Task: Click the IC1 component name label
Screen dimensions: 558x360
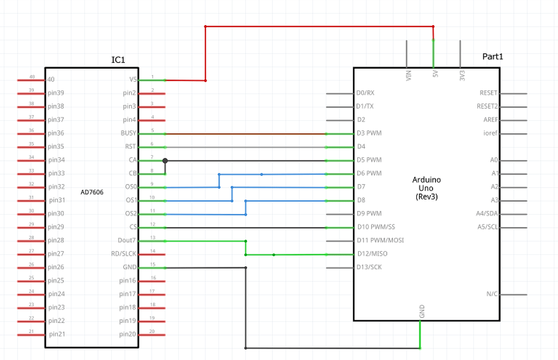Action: [118, 59]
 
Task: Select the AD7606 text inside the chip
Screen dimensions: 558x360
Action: [92, 192]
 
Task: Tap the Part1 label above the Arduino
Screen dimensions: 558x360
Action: [493, 56]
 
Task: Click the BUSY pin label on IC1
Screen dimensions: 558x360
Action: [129, 133]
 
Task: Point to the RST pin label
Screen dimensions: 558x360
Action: [131, 146]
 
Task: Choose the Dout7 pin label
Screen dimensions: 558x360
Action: [126, 240]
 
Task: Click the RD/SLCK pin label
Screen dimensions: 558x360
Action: [124, 254]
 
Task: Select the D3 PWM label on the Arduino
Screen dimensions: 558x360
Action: [369, 133]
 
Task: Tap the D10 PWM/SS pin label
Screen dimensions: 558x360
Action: [376, 227]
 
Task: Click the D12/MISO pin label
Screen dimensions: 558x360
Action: [372, 254]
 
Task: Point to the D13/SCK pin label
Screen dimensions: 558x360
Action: [369, 267]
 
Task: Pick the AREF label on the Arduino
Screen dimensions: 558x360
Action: [490, 119]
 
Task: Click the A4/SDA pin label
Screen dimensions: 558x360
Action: [487, 213]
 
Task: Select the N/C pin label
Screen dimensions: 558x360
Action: [492, 294]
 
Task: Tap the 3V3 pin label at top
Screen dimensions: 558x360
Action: [462, 75]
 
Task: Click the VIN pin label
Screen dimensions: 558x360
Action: [409, 75]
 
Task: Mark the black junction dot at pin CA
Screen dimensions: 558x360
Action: [165, 161]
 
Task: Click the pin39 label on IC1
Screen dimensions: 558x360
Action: [56, 93]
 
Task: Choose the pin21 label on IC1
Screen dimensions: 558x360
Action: [57, 334]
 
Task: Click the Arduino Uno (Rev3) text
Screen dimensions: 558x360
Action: [426, 188]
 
